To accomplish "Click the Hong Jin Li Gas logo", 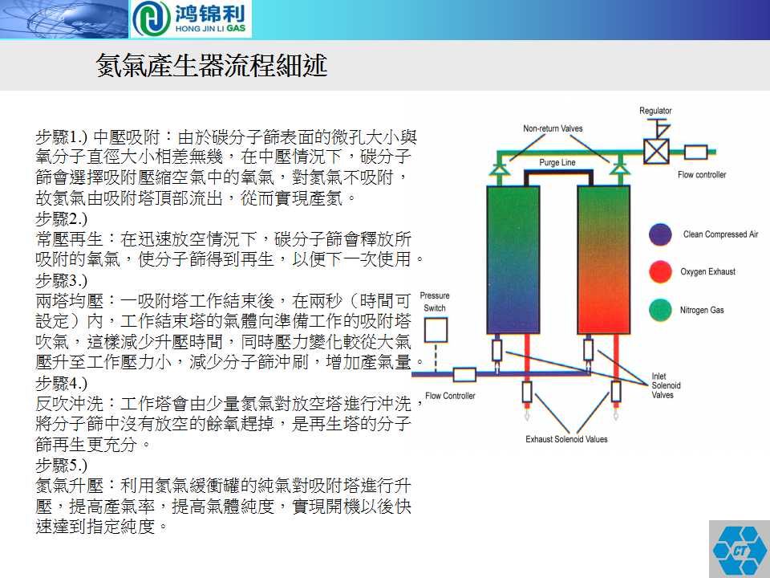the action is (191, 19).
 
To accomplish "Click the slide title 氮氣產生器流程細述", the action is (212, 65).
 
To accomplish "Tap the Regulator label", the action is (655, 111).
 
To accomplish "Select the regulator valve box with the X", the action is (656, 152).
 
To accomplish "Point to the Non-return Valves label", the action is (553, 128).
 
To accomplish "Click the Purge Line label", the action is (557, 162).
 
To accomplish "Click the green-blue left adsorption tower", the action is (513, 259).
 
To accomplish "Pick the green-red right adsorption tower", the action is (603, 259).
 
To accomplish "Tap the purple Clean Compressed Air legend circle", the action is (660, 234).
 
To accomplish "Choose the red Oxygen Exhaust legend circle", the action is (660, 272).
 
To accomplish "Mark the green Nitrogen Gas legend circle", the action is (660, 310).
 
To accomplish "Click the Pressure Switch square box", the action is (436, 330).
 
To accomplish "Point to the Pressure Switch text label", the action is (435, 302).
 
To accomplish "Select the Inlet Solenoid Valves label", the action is (666, 385).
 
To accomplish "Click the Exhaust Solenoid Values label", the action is (566, 439).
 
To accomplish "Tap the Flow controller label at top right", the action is (702, 174).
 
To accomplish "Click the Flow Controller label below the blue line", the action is (450, 396).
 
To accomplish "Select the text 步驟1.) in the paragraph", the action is (62, 136).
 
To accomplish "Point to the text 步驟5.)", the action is (62, 465).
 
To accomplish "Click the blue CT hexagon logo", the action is (740, 549).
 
